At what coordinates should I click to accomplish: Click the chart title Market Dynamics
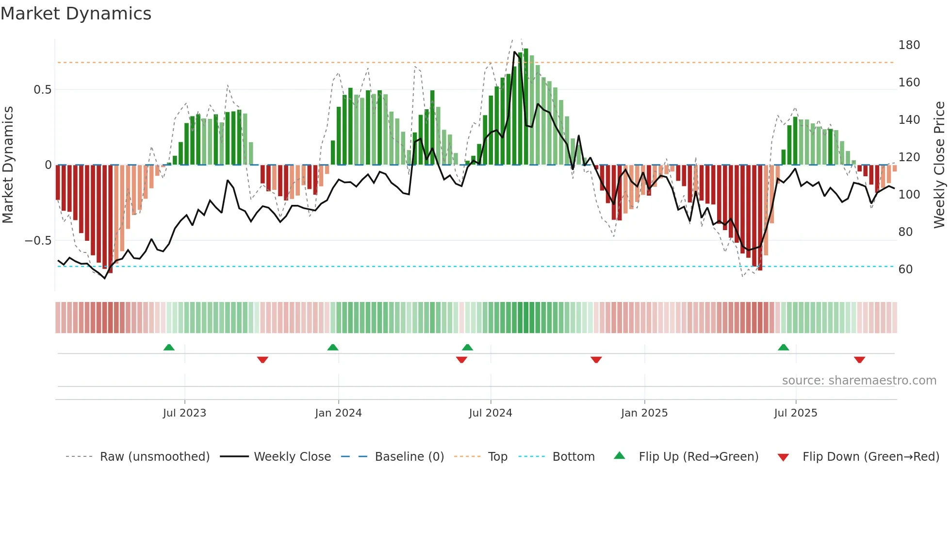[x=76, y=14]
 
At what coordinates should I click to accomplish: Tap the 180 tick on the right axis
[x=909, y=45]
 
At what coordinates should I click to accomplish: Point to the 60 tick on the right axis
[x=905, y=269]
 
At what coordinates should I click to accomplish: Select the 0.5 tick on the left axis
[x=42, y=90]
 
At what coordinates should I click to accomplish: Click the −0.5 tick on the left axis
[x=38, y=241]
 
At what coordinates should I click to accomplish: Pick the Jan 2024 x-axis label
[x=338, y=413]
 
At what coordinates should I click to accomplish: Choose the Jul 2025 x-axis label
[x=795, y=413]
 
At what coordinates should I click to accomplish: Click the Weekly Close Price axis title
[x=939, y=165]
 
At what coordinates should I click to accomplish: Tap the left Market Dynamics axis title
[x=8, y=165]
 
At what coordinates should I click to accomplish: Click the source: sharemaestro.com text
[x=859, y=381]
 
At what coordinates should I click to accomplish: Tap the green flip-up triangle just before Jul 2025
[x=783, y=348]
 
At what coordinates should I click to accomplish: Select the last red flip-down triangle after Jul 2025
[x=859, y=360]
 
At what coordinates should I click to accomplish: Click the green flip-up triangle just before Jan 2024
[x=332, y=348]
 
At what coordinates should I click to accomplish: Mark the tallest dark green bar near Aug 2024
[x=526, y=107]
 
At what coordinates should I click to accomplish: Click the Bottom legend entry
[x=573, y=457]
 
